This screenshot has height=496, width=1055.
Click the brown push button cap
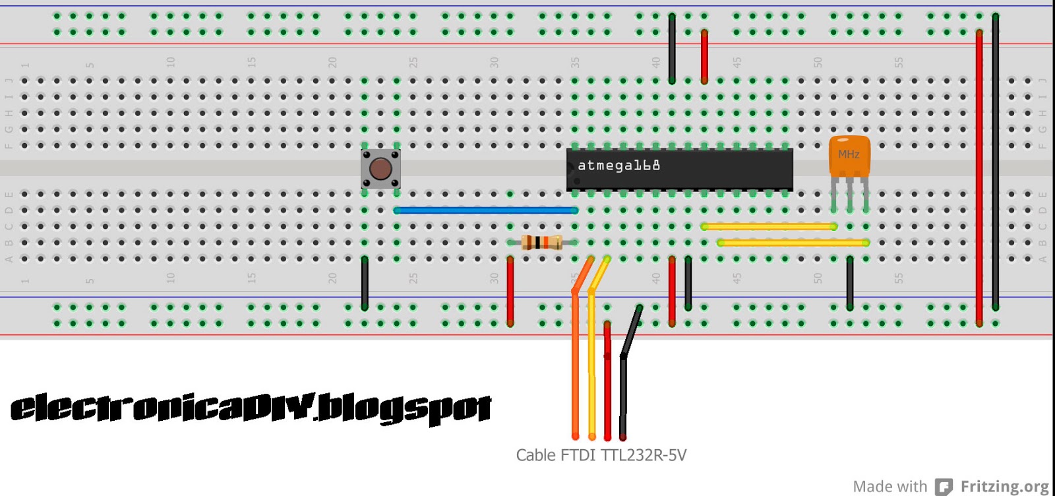(380, 169)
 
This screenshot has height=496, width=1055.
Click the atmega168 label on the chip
(618, 166)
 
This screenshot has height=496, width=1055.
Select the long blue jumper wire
(486, 210)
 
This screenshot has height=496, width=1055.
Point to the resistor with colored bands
(541, 243)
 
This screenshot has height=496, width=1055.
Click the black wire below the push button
(365, 284)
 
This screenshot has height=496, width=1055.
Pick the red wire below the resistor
(510, 290)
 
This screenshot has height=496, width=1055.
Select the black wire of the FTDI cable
(623, 396)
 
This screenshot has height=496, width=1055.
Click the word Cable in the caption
(535, 455)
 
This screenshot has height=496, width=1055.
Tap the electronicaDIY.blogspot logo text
(251, 408)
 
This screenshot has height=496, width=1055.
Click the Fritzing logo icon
(944, 487)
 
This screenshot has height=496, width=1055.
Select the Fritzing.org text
(1004, 487)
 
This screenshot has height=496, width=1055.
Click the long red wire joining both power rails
(979, 178)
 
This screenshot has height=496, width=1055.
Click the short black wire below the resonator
(850, 284)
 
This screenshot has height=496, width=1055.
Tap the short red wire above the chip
(704, 56)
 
